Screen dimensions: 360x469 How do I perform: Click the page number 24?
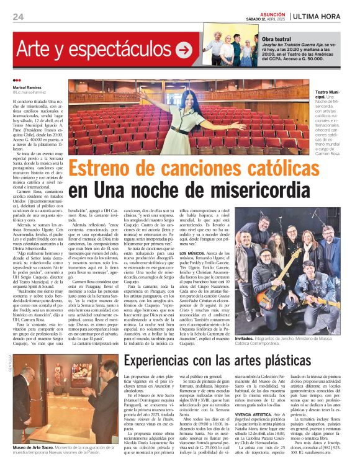18,16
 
